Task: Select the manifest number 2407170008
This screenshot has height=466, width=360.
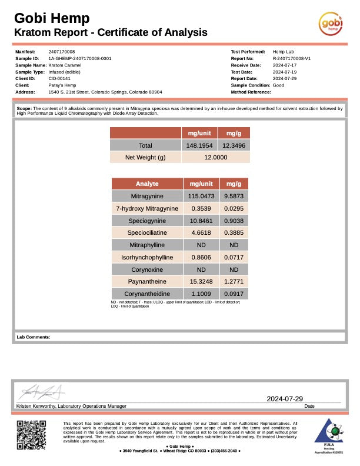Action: pos(62,52)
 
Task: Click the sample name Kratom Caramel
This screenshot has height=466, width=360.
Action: pos(64,65)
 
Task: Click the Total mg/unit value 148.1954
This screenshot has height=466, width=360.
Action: pos(200,145)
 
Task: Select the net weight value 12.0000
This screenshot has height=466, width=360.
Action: pos(215,158)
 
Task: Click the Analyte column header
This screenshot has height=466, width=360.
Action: pos(147,184)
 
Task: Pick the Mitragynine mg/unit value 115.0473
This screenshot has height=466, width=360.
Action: pos(201,196)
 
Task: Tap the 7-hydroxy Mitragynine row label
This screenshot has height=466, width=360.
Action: pos(147,208)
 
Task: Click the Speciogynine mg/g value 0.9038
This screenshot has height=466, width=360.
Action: pos(234,221)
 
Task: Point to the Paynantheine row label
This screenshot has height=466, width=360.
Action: pos(147,281)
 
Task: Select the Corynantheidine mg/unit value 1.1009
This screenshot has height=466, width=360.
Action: pos(201,294)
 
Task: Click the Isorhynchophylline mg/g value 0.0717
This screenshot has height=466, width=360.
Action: pos(234,257)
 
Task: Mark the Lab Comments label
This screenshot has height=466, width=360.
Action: pos(34,337)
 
